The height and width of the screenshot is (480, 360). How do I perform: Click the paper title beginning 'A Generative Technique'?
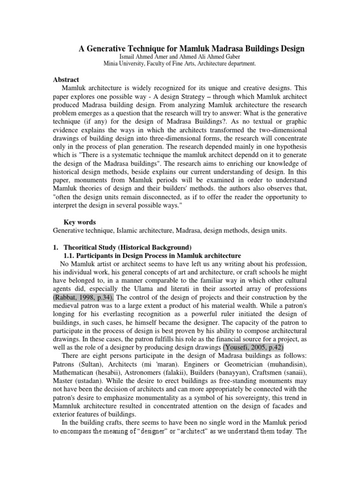[x=191, y=48]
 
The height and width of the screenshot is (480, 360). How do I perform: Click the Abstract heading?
[x=66, y=80]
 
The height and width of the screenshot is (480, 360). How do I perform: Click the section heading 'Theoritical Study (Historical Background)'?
[x=127, y=247]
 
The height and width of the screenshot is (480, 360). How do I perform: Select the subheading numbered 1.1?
[x=152, y=255]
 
